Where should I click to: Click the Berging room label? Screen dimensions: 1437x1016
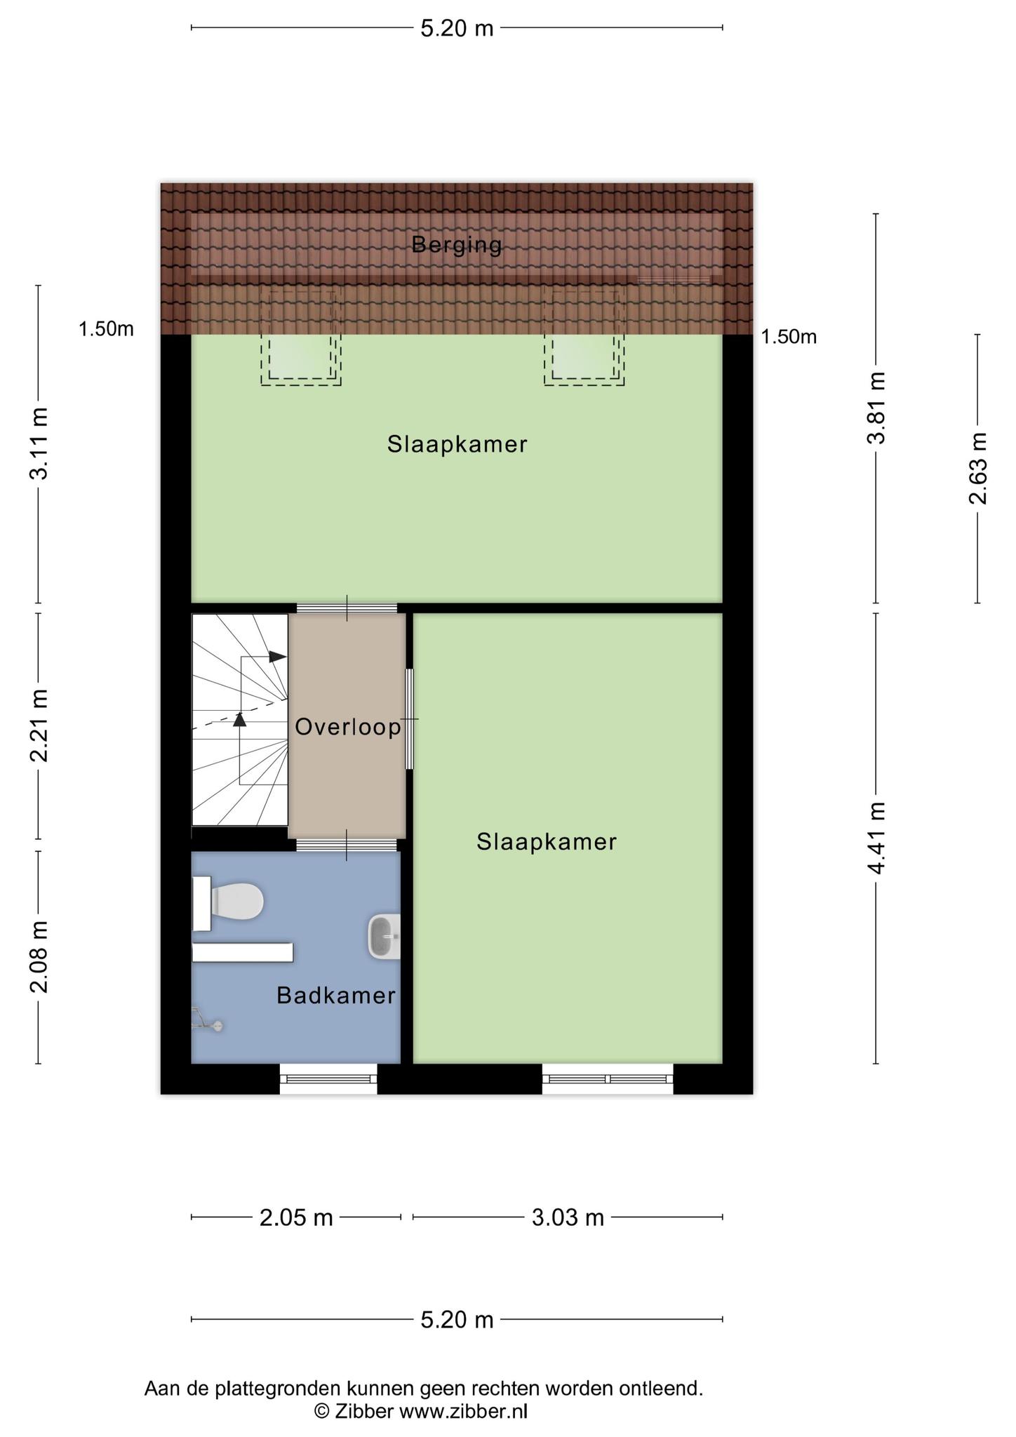click(457, 245)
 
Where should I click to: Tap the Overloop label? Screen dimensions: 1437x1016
click(347, 727)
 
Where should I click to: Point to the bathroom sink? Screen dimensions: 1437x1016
click(384, 937)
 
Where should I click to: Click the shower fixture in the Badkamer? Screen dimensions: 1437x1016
click(206, 1021)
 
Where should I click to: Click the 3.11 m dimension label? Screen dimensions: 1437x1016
click(39, 444)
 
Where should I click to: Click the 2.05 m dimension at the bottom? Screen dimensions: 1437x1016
click(296, 1217)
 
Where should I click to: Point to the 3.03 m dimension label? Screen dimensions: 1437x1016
click(568, 1217)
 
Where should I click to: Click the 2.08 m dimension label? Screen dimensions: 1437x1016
click(39, 957)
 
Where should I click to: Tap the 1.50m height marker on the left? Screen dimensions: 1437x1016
click(106, 328)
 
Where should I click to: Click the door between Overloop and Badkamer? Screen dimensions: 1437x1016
click(346, 845)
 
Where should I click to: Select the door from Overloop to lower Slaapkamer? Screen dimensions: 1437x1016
click(410, 719)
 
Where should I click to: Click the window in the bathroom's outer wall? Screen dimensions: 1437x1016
click(328, 1078)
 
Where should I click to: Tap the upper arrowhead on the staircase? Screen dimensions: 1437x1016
click(278, 657)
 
